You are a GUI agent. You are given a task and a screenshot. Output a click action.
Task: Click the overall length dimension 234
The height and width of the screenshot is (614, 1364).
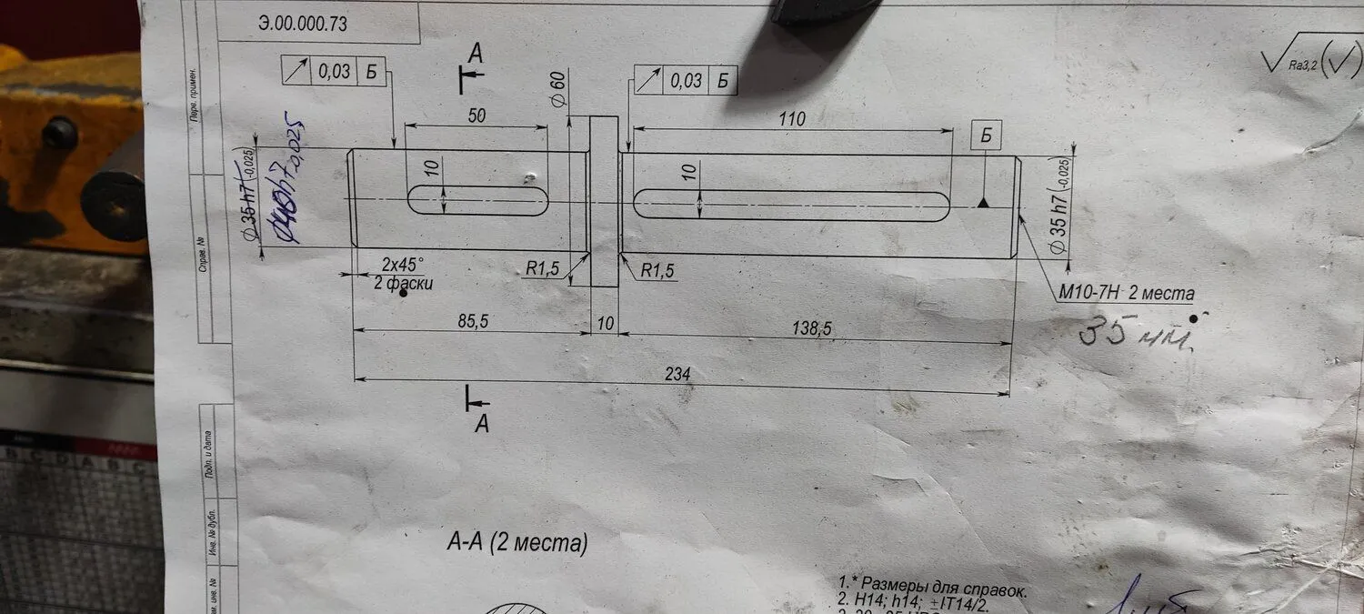point(678,374)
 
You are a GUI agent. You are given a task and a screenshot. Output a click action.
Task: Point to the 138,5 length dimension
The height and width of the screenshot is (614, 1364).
point(813,328)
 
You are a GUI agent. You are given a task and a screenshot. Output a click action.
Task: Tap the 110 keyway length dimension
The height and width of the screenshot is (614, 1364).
point(791,118)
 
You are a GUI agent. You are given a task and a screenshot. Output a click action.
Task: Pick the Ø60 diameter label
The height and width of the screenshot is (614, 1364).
point(558,90)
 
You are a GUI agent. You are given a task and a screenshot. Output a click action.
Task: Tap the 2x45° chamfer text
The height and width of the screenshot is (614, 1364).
point(403,265)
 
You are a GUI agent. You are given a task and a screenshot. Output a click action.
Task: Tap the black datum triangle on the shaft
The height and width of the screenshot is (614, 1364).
point(983,204)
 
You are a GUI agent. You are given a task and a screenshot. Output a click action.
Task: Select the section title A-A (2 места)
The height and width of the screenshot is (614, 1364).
point(517,544)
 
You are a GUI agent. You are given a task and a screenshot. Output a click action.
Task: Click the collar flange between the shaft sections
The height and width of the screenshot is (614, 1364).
point(604,200)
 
